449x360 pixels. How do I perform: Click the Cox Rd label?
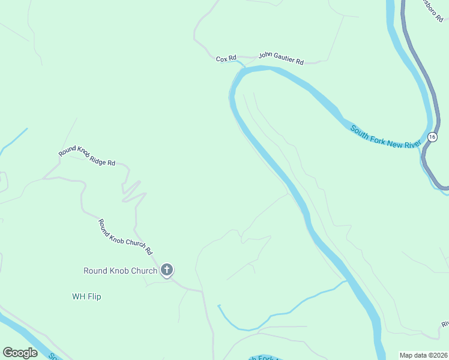226,58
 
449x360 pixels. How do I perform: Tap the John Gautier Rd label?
281,59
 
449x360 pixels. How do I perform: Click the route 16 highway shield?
432,137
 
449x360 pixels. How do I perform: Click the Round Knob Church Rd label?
126,236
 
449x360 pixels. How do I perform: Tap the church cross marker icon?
167,270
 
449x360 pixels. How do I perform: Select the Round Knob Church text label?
120,271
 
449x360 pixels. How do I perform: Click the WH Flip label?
86,296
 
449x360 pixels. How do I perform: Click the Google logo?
20,353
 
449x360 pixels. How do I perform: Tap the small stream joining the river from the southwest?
282,312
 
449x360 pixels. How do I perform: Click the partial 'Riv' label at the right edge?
444,325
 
